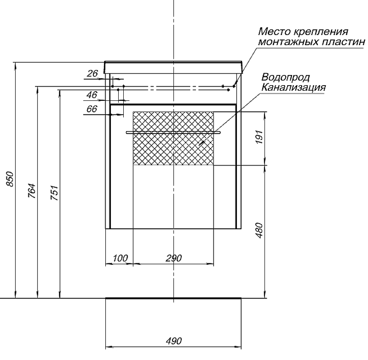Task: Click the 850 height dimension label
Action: tap(10, 179)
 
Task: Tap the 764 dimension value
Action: tap(32, 191)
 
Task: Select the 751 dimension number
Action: tap(54, 193)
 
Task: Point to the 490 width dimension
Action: tap(174, 341)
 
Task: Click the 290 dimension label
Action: tap(174, 258)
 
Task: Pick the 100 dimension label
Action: tap(120, 258)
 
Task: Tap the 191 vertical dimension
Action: tap(259, 137)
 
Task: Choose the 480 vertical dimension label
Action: tap(259, 230)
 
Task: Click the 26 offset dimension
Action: tap(92, 74)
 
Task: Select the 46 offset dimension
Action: tap(92, 95)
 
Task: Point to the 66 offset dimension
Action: tap(92, 109)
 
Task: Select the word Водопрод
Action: tap(286, 77)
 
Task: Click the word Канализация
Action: tap(293, 87)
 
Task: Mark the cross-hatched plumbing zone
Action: tap(173, 138)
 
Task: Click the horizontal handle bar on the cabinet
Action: tap(173, 133)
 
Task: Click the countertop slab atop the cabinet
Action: tap(173, 67)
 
